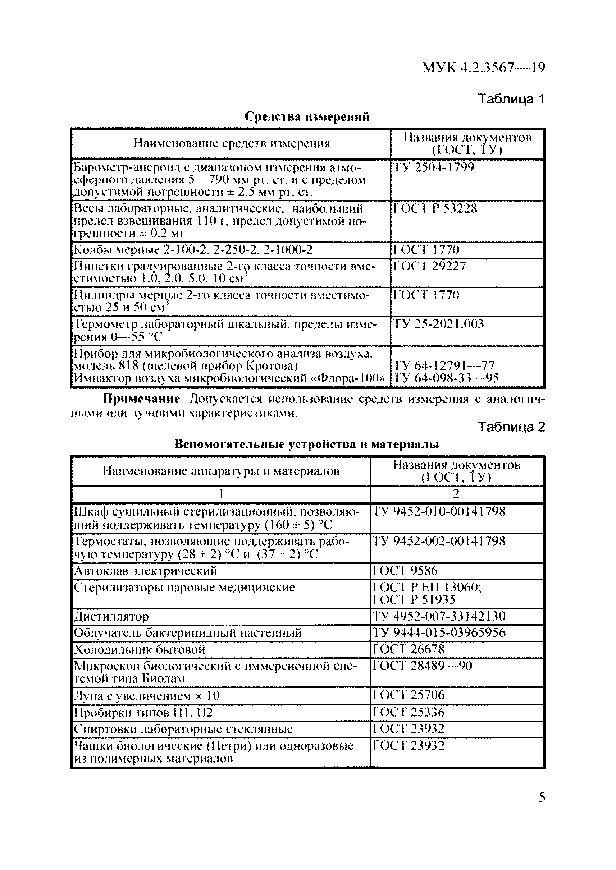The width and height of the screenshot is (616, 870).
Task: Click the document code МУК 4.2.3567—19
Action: pos(484,68)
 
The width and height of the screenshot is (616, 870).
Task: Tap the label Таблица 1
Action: pos(511,99)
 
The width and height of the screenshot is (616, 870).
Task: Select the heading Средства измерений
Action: pos(307,116)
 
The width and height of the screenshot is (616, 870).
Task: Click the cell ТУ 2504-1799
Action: pos(434,167)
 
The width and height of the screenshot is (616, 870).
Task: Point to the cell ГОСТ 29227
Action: pos(429,266)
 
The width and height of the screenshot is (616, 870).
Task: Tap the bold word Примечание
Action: pos(141,399)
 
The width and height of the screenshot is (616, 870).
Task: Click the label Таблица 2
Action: pos(511,427)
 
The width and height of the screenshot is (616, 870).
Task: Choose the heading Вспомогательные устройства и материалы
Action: pos(307,444)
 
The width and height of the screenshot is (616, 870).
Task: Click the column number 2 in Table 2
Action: pos(456,493)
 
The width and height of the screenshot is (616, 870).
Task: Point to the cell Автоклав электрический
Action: pos(145,571)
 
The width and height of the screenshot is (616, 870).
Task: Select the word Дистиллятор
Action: pos(111,617)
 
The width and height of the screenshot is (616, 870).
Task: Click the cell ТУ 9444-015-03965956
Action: pos(439,633)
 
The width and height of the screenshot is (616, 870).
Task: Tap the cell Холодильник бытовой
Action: pos(139,649)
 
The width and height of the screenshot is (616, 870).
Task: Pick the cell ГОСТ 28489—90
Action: pos(422,666)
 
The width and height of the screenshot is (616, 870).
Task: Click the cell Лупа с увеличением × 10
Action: pos(146,696)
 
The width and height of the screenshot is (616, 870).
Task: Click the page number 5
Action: pos(542,798)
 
